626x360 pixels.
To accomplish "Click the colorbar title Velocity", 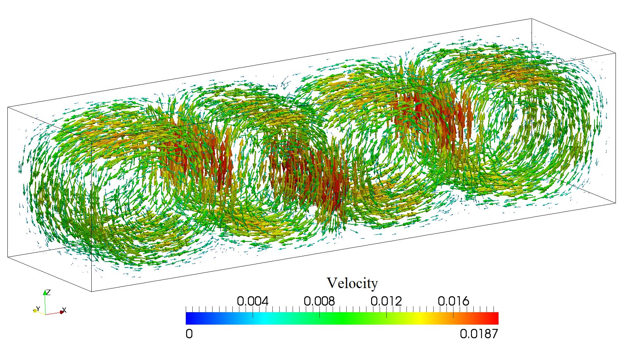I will click(352, 283).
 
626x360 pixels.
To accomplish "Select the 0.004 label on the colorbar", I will click(253, 301).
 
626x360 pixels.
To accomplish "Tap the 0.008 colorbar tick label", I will click(319, 301).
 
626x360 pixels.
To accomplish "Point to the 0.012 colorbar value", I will click(386, 301).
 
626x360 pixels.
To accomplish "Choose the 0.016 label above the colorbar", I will click(453, 301).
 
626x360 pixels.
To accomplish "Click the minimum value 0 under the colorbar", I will click(189, 334).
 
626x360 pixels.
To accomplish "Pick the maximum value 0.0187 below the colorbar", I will click(479, 334).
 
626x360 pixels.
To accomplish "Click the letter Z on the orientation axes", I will click(49, 292).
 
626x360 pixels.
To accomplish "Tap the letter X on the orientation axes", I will click(65, 310).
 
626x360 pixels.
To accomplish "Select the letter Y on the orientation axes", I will click(38, 309).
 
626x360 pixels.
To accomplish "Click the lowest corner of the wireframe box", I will click(91, 291).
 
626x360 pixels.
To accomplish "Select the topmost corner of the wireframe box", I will click(531, 18).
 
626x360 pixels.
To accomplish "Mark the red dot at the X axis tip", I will click(61, 312).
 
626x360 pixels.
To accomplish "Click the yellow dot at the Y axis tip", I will click(35, 311).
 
